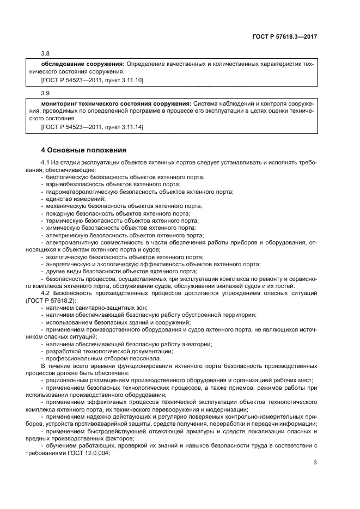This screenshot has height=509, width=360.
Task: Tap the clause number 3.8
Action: click(45, 53)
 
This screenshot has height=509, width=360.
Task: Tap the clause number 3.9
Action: click(45, 93)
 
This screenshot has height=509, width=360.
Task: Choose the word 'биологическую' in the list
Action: click(66, 177)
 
